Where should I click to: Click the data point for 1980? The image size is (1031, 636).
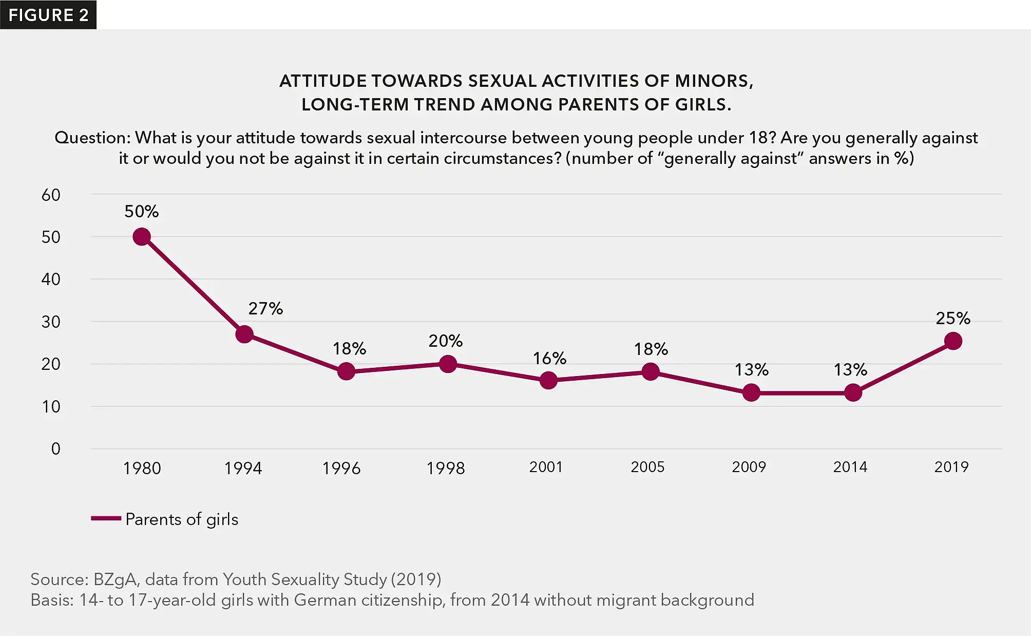pos(142,237)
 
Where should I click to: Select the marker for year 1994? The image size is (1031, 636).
pos(244,334)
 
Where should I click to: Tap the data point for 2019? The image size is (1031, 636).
pos(953,341)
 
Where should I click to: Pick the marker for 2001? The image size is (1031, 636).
pos(548,381)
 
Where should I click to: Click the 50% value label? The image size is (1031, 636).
pos(142,212)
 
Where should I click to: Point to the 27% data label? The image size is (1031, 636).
pos(265,309)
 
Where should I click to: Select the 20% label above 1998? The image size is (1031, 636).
pos(446,341)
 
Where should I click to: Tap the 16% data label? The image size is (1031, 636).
pos(549,359)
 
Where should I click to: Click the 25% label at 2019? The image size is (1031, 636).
pos(953,319)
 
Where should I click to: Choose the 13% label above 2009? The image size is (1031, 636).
pos(751,370)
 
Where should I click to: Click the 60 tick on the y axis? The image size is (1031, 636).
pos(51,195)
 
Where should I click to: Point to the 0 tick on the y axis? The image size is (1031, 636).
pos(55,449)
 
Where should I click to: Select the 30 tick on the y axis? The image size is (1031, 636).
pos(51,322)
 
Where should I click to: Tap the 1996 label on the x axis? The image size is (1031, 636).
pos(341,469)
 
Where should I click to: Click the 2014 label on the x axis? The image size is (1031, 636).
pos(850,467)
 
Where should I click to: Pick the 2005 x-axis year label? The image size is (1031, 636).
pos(647,467)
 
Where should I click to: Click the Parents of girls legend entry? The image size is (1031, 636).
pos(181,519)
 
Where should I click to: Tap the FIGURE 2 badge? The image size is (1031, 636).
pos(48,15)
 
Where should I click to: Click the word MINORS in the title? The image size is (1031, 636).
pos(714,81)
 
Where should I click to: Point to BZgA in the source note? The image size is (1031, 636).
pos(114,579)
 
